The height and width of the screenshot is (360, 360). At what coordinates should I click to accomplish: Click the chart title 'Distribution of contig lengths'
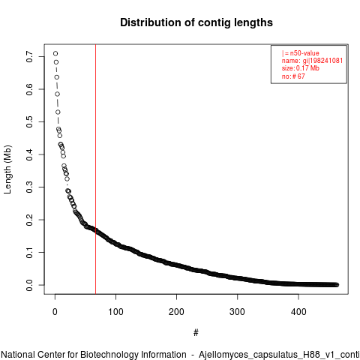(x=196, y=22)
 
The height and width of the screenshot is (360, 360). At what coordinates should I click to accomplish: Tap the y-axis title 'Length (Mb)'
(x=7, y=169)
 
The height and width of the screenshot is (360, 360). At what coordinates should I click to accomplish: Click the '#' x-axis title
(x=196, y=333)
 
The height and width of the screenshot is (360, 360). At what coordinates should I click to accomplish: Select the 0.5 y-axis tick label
(x=29, y=121)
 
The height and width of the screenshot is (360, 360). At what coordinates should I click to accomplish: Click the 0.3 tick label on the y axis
(x=29, y=187)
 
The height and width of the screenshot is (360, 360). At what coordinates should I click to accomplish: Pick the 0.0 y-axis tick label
(x=29, y=285)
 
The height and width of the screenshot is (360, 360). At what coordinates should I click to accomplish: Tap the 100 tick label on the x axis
(x=115, y=312)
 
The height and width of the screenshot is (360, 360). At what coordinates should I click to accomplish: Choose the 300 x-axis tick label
(x=237, y=312)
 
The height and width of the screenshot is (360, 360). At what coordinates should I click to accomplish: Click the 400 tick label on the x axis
(x=298, y=312)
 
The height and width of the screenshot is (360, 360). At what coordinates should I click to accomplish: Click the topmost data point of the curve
(x=55, y=53)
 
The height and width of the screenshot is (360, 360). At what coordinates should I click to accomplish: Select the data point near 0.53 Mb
(x=58, y=112)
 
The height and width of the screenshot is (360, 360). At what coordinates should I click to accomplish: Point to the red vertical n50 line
(x=95, y=169)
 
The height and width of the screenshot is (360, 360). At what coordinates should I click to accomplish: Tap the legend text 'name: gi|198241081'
(x=312, y=61)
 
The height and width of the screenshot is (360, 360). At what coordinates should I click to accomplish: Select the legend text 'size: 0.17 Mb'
(x=301, y=68)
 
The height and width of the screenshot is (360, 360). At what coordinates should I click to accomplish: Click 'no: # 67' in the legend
(x=293, y=76)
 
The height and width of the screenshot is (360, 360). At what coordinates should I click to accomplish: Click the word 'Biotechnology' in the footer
(x=133, y=355)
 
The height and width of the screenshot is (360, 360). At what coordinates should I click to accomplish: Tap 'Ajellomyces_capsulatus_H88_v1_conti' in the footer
(x=279, y=355)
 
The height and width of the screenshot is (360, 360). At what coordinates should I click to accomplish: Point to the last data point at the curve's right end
(x=337, y=285)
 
